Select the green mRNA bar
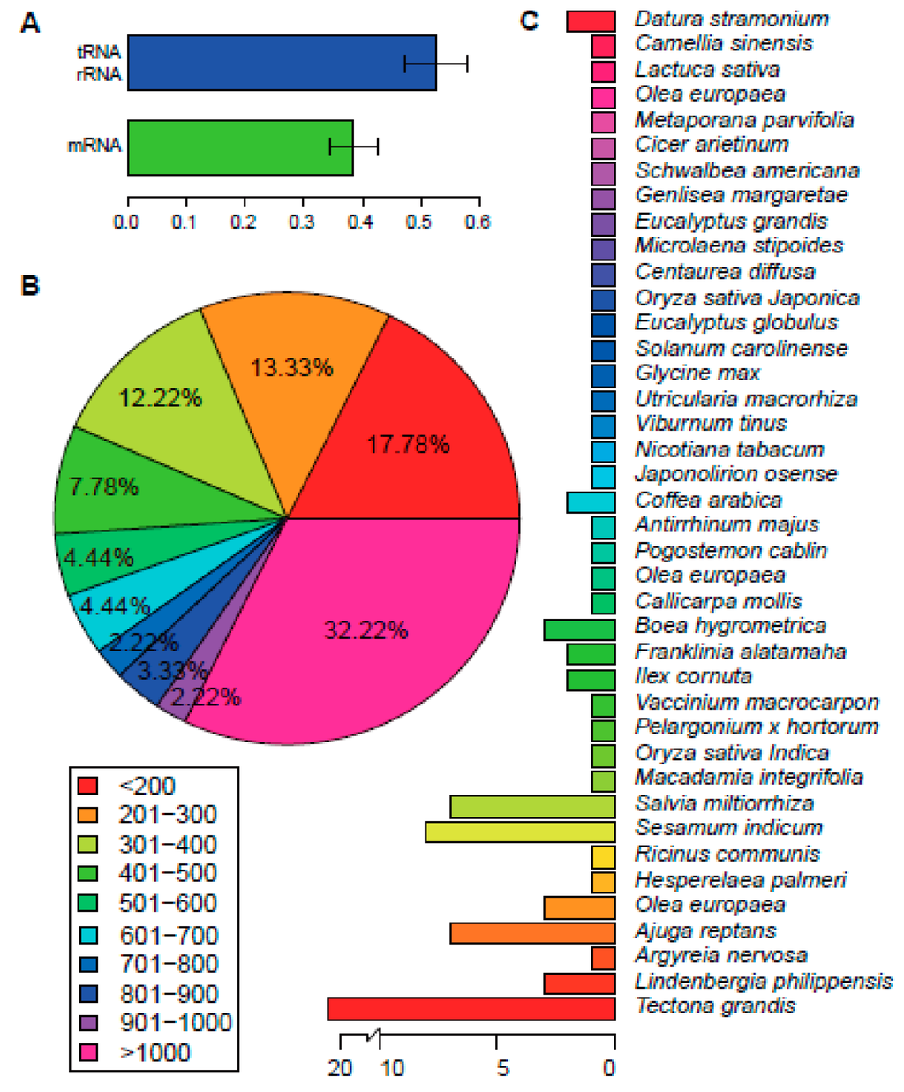click(239, 147)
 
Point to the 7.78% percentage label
click(104, 486)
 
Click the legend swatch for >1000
click(87, 1052)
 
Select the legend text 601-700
click(169, 934)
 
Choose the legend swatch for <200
click(87, 785)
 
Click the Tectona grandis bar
click(471, 1008)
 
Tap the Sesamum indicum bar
click(520, 832)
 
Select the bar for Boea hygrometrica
click(579, 629)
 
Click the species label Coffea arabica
click(708, 501)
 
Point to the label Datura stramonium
click(732, 19)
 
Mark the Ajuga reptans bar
click(532, 932)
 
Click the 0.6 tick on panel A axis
click(477, 220)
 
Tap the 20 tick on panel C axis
click(340, 1069)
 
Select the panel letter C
click(529, 19)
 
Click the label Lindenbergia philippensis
click(764, 982)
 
